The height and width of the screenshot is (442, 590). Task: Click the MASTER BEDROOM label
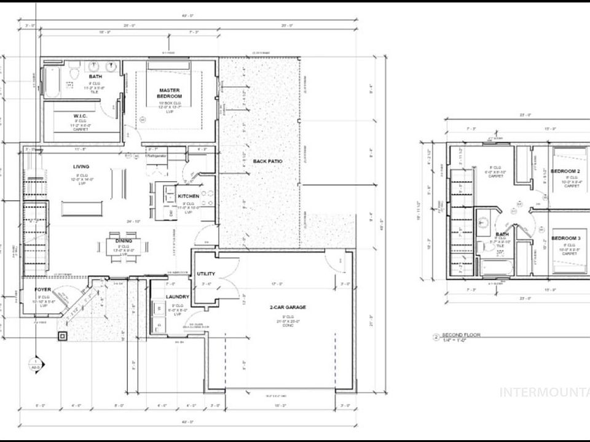[169, 92]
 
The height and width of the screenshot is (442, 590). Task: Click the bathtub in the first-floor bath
[52, 82]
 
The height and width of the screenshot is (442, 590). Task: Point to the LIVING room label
[81, 166]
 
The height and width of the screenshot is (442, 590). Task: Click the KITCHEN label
[189, 196]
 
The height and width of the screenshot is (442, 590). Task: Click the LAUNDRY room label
[177, 297]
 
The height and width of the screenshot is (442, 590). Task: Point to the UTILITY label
[205, 274]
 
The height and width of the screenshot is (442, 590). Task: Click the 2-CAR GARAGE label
[287, 306]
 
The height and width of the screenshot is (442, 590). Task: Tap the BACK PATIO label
[268, 161]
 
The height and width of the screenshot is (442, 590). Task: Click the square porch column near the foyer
[62, 336]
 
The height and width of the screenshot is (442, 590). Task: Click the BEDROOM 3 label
[565, 238]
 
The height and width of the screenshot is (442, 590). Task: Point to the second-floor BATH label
[503, 234]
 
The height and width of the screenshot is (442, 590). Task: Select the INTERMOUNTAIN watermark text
[544, 392]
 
